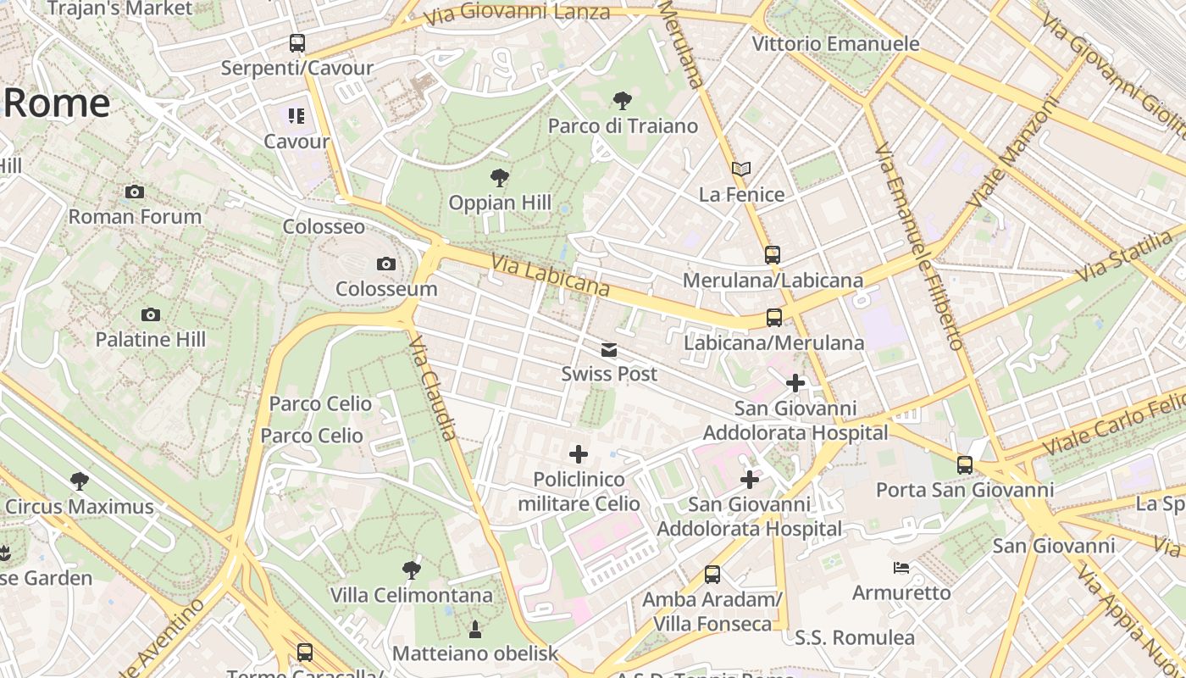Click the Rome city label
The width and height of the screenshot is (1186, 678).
[57, 103]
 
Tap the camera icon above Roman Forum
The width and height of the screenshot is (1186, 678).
[134, 192]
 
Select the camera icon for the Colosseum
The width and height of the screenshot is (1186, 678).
[386, 264]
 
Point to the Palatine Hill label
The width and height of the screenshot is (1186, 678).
[150, 340]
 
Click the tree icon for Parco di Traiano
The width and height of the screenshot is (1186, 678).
[622, 101]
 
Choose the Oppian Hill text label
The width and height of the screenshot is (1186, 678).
[500, 203]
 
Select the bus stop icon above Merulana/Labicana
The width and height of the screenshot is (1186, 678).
[772, 254]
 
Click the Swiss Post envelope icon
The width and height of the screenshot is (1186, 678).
[608, 349]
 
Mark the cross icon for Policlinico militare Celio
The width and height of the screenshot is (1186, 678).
[579, 454]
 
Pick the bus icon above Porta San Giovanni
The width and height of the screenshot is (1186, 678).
[964, 464]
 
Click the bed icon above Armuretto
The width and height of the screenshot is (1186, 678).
[901, 567]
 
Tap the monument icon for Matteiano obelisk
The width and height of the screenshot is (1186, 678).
[474, 629]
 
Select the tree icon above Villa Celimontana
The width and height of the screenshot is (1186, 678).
[412, 570]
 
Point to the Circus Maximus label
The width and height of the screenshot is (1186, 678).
[80, 507]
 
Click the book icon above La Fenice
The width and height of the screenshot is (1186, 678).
[741, 169]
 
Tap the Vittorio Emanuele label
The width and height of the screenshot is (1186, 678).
[835, 44]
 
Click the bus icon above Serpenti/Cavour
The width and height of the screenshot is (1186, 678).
[296, 42]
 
